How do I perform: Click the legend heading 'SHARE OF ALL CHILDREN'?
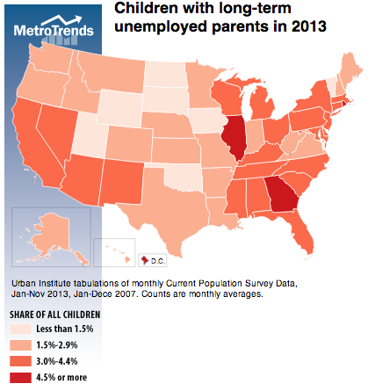point(54,314)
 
